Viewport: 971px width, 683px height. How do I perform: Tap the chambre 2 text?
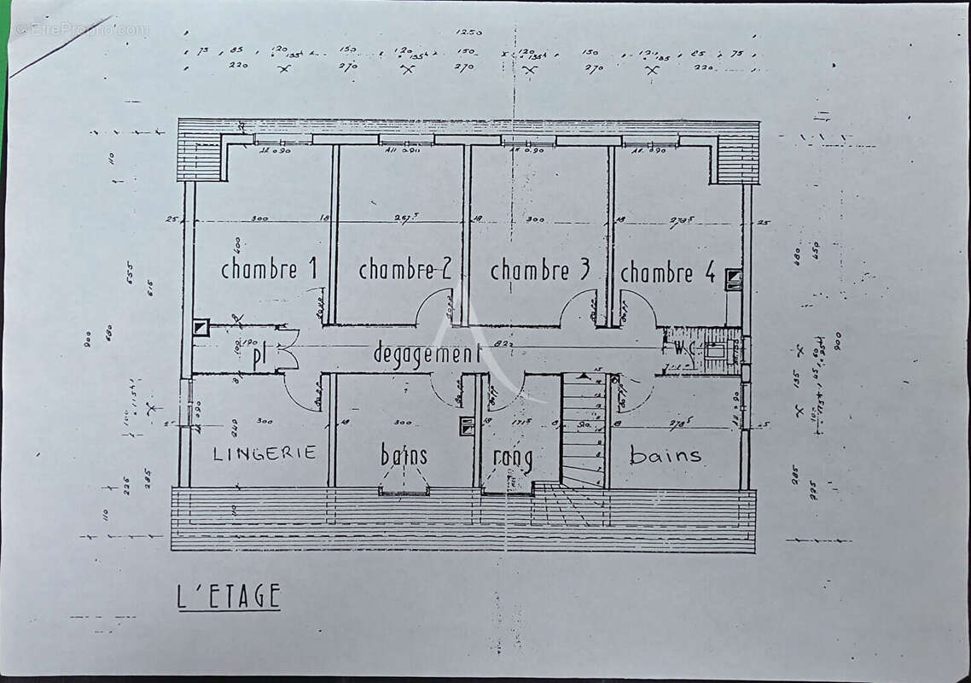[404, 270]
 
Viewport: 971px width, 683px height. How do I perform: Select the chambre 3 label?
[539, 270]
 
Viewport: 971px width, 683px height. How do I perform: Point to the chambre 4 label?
[667, 273]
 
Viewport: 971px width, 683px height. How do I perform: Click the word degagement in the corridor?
[427, 353]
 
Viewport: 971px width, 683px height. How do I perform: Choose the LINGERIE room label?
[265, 453]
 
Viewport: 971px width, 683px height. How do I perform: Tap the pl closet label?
[260, 359]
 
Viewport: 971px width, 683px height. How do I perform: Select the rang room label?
[514, 458]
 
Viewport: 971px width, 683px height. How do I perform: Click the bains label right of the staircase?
[666, 455]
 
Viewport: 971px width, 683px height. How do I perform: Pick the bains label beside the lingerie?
[404, 455]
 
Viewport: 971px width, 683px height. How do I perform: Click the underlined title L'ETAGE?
[229, 596]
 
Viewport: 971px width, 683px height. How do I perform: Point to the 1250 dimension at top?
[468, 32]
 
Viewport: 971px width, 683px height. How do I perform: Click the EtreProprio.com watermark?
[81, 30]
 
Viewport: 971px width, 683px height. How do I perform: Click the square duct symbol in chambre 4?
[733, 278]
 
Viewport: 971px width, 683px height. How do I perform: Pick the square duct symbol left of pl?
[201, 327]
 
